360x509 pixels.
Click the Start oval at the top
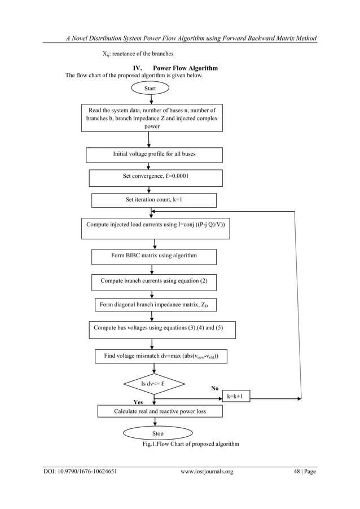pyautogui.click(x=150, y=88)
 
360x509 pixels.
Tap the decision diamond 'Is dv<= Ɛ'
pyautogui.click(x=153, y=384)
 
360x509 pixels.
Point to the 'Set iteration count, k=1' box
pyautogui.click(x=153, y=200)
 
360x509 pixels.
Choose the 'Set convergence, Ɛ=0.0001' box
pyautogui.click(x=155, y=177)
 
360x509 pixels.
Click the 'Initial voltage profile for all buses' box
pyautogui.click(x=154, y=154)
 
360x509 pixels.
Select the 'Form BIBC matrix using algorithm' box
pyautogui.click(x=154, y=256)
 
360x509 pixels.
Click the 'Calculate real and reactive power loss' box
pyautogui.click(x=160, y=411)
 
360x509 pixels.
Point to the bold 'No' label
pyautogui.click(x=214, y=389)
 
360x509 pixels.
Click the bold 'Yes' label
pyautogui.click(x=138, y=403)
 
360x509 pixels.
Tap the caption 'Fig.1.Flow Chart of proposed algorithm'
pyautogui.click(x=191, y=444)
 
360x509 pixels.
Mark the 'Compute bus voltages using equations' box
pyautogui.click(x=162, y=329)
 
